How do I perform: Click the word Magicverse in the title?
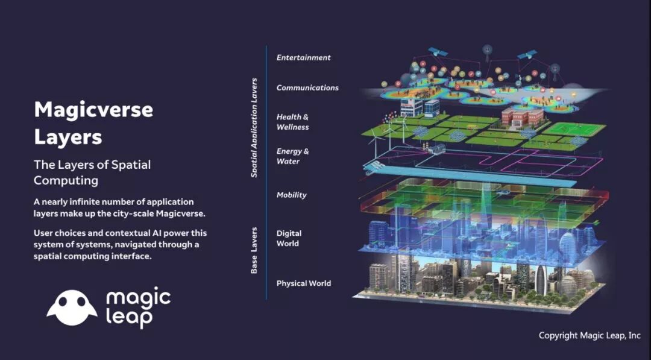coord(93,110)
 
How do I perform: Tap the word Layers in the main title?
coord(68,137)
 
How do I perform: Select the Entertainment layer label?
coord(303,58)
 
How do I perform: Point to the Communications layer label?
coord(307,87)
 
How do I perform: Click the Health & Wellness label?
coord(293,122)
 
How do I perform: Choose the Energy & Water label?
coord(293,156)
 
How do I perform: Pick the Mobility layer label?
coord(292,195)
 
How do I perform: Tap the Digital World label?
coord(289,238)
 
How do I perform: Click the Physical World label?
coord(304,283)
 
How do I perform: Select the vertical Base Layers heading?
coord(254,250)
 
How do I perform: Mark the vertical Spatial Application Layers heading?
coord(254,128)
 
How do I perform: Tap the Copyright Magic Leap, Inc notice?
coord(590,335)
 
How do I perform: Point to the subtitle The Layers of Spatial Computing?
coord(92,172)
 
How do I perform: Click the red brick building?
coord(523,116)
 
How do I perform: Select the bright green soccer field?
coord(574,128)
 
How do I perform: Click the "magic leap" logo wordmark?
coord(138,308)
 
